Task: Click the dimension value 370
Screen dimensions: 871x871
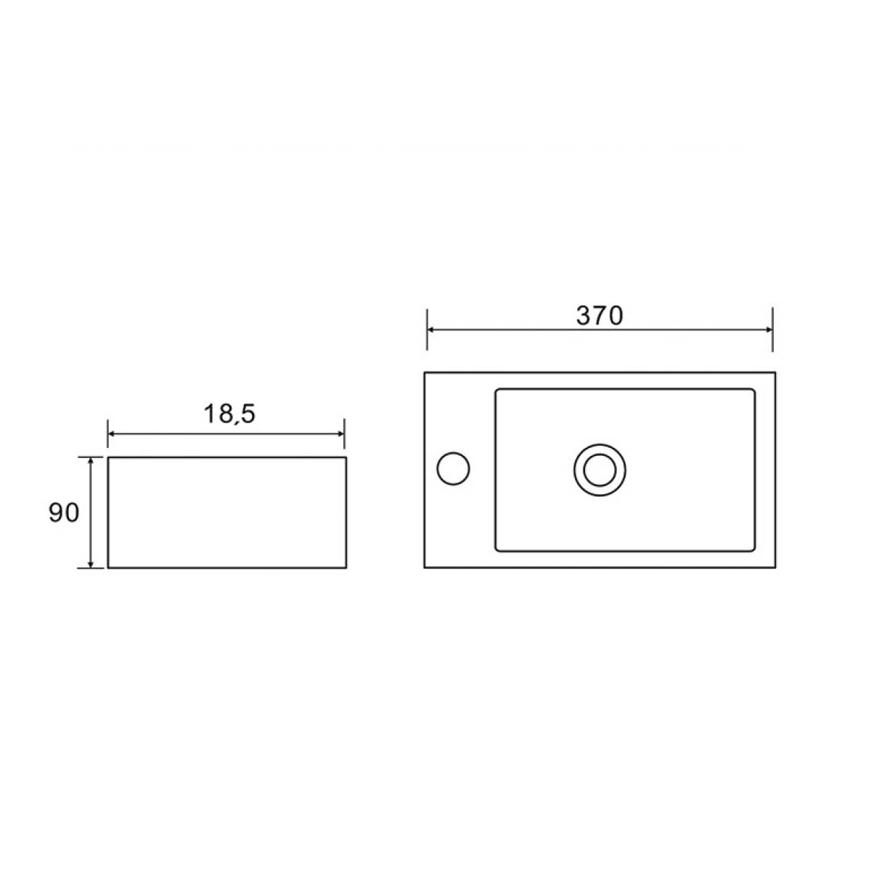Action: pyautogui.click(x=600, y=316)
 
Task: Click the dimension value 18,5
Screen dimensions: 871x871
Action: pyautogui.click(x=229, y=414)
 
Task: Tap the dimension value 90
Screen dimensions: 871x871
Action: pyautogui.click(x=64, y=512)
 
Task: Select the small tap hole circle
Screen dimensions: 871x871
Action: pyautogui.click(x=453, y=468)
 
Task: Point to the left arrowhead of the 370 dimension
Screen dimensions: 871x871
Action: pyautogui.click(x=430, y=330)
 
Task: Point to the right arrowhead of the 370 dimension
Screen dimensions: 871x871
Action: pyautogui.click(x=769, y=330)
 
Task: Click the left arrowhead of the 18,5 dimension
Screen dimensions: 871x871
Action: pyautogui.click(x=112, y=434)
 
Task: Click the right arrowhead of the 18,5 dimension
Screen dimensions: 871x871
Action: pyautogui.click(x=341, y=434)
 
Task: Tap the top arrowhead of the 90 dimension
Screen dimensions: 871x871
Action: pyautogui.click(x=91, y=461)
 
